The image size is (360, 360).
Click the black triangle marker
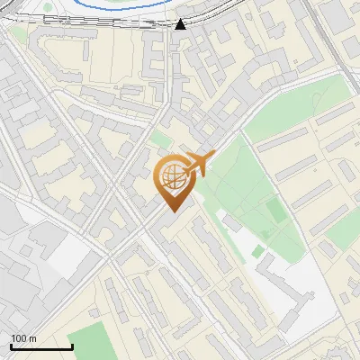[x=181, y=24]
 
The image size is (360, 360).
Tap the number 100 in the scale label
[x=18, y=338]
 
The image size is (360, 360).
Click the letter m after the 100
[x=32, y=338]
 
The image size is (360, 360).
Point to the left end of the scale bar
[x=11, y=347]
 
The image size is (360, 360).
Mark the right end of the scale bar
[x=72, y=347]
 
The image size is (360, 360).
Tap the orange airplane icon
[x=197, y=164]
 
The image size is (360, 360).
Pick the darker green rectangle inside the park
[x=274, y=209]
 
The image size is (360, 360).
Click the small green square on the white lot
[x=258, y=250]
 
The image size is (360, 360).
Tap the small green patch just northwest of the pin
[x=160, y=139]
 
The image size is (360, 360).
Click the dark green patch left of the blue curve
[x=47, y=6]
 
